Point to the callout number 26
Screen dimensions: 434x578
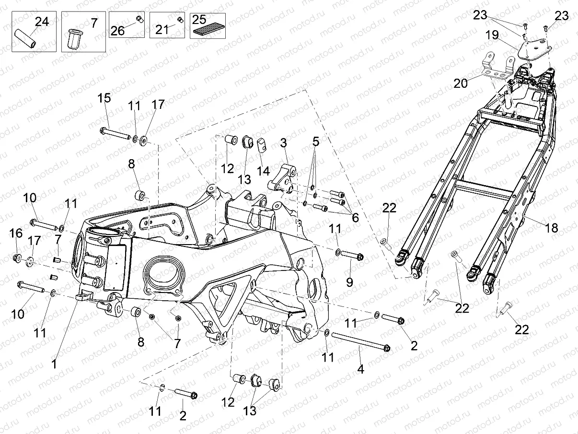click(x=118, y=31)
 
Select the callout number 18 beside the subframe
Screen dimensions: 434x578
click(x=552, y=228)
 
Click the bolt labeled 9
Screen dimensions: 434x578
click(x=351, y=256)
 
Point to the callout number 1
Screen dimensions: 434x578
click(x=54, y=364)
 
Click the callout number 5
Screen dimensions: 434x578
click(x=315, y=142)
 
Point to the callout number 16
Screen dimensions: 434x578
click(x=16, y=234)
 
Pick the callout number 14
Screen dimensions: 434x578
click(x=263, y=171)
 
